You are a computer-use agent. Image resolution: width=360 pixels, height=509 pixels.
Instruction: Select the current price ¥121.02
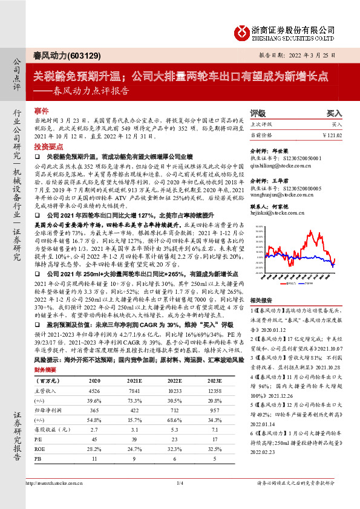[333, 135]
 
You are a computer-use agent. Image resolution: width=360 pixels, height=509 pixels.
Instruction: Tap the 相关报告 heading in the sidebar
[261, 300]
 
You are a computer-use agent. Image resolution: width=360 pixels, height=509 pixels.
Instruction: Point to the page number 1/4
[180, 499]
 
